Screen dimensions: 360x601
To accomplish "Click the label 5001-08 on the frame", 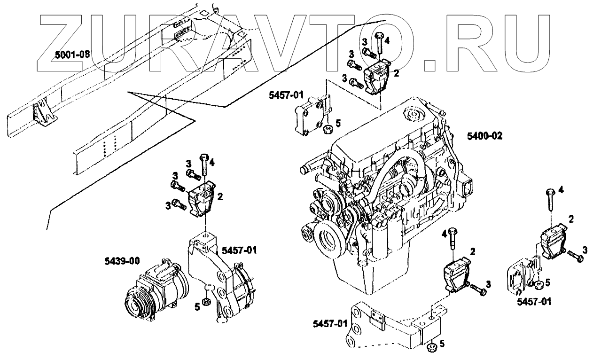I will tap(72, 54).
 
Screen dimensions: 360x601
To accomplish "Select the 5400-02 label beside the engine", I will tap(485, 136).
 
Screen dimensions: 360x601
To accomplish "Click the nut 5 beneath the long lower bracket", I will tap(431, 348).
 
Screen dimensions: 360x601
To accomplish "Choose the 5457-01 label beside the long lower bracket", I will tap(329, 324).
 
